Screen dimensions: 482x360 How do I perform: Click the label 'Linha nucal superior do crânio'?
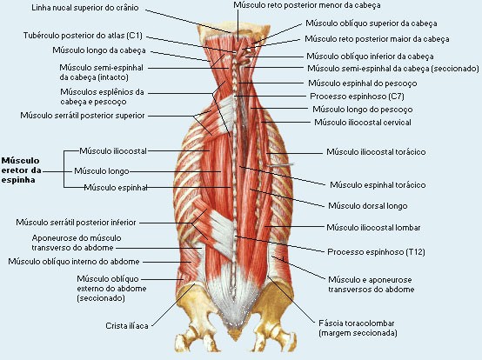85,8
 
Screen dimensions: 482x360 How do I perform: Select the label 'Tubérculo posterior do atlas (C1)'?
83,36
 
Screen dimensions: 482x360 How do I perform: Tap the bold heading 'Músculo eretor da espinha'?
21,170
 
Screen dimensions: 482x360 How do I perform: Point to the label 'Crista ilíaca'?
127,325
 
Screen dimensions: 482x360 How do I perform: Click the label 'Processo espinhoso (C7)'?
357,97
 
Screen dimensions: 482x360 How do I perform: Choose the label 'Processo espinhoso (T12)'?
376,252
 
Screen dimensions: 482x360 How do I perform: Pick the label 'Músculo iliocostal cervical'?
363,123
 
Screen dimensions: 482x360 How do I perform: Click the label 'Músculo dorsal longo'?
368,206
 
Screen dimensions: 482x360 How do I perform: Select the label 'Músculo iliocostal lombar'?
373,228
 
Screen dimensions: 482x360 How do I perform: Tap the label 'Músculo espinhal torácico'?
378,185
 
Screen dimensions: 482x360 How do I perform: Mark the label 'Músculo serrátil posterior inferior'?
76,223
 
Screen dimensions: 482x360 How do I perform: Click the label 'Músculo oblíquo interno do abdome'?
74,262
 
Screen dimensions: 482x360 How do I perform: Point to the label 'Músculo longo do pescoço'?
363,110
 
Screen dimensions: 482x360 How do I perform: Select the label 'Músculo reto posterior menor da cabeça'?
307,5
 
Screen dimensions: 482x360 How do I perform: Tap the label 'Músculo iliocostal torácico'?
376,152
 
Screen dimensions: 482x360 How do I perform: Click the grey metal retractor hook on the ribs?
280,165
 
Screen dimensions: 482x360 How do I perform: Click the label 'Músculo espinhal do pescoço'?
363,83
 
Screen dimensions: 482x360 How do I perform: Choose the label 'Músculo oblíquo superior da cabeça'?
371,23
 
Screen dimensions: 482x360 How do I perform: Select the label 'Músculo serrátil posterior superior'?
83,116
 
